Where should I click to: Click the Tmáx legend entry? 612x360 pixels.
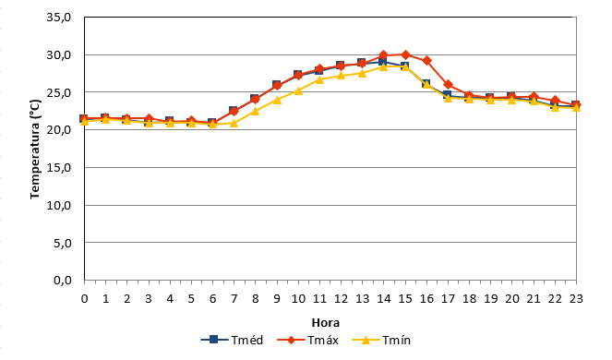click(x=308, y=340)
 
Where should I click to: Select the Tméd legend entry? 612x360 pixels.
click(x=232, y=340)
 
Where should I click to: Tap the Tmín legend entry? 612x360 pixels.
click(x=381, y=340)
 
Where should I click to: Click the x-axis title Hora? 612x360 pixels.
click(x=326, y=323)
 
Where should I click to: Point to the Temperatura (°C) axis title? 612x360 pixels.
click(x=35, y=149)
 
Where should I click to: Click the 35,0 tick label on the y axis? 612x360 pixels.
click(x=58, y=18)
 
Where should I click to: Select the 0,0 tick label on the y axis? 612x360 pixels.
click(x=62, y=281)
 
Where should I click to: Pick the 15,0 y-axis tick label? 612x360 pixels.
click(x=58, y=167)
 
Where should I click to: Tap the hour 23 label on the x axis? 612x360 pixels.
click(x=576, y=299)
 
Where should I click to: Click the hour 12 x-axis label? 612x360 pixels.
click(x=341, y=299)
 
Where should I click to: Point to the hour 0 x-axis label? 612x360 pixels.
click(x=84, y=299)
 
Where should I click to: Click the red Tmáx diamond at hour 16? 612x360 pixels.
click(x=426, y=61)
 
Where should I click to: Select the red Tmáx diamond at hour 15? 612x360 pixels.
click(x=405, y=54)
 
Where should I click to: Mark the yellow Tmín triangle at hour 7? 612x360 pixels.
click(x=234, y=123)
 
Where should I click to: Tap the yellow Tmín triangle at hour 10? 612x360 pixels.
click(x=298, y=90)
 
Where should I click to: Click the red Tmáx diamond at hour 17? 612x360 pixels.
click(x=448, y=85)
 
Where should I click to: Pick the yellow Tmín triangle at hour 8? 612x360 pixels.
click(x=256, y=112)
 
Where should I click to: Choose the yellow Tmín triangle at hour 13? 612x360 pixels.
click(x=362, y=73)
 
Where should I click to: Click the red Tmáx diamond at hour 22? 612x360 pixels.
click(x=555, y=101)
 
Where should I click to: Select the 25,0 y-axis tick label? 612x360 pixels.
click(x=58, y=92)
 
